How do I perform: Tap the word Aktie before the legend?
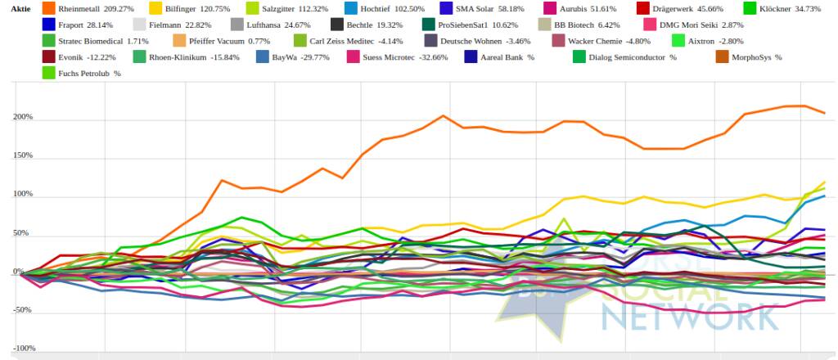(x=20, y=8)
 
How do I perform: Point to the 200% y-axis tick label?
(x=21, y=117)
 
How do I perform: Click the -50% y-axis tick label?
(x=21, y=311)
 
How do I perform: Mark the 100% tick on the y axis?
(x=21, y=195)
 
